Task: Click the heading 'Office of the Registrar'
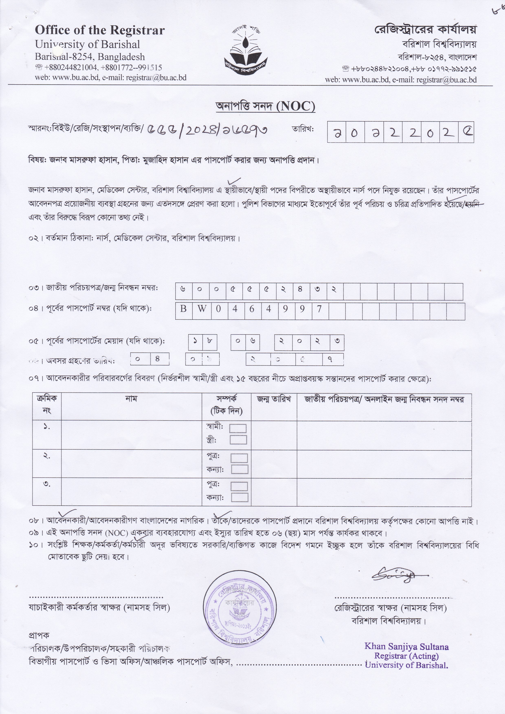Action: [100, 31]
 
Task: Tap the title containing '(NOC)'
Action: [265, 107]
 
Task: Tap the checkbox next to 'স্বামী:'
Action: [238, 429]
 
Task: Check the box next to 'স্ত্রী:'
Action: [238, 440]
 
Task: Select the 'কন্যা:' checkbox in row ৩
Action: [240, 497]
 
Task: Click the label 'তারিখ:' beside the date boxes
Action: [303, 129]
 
